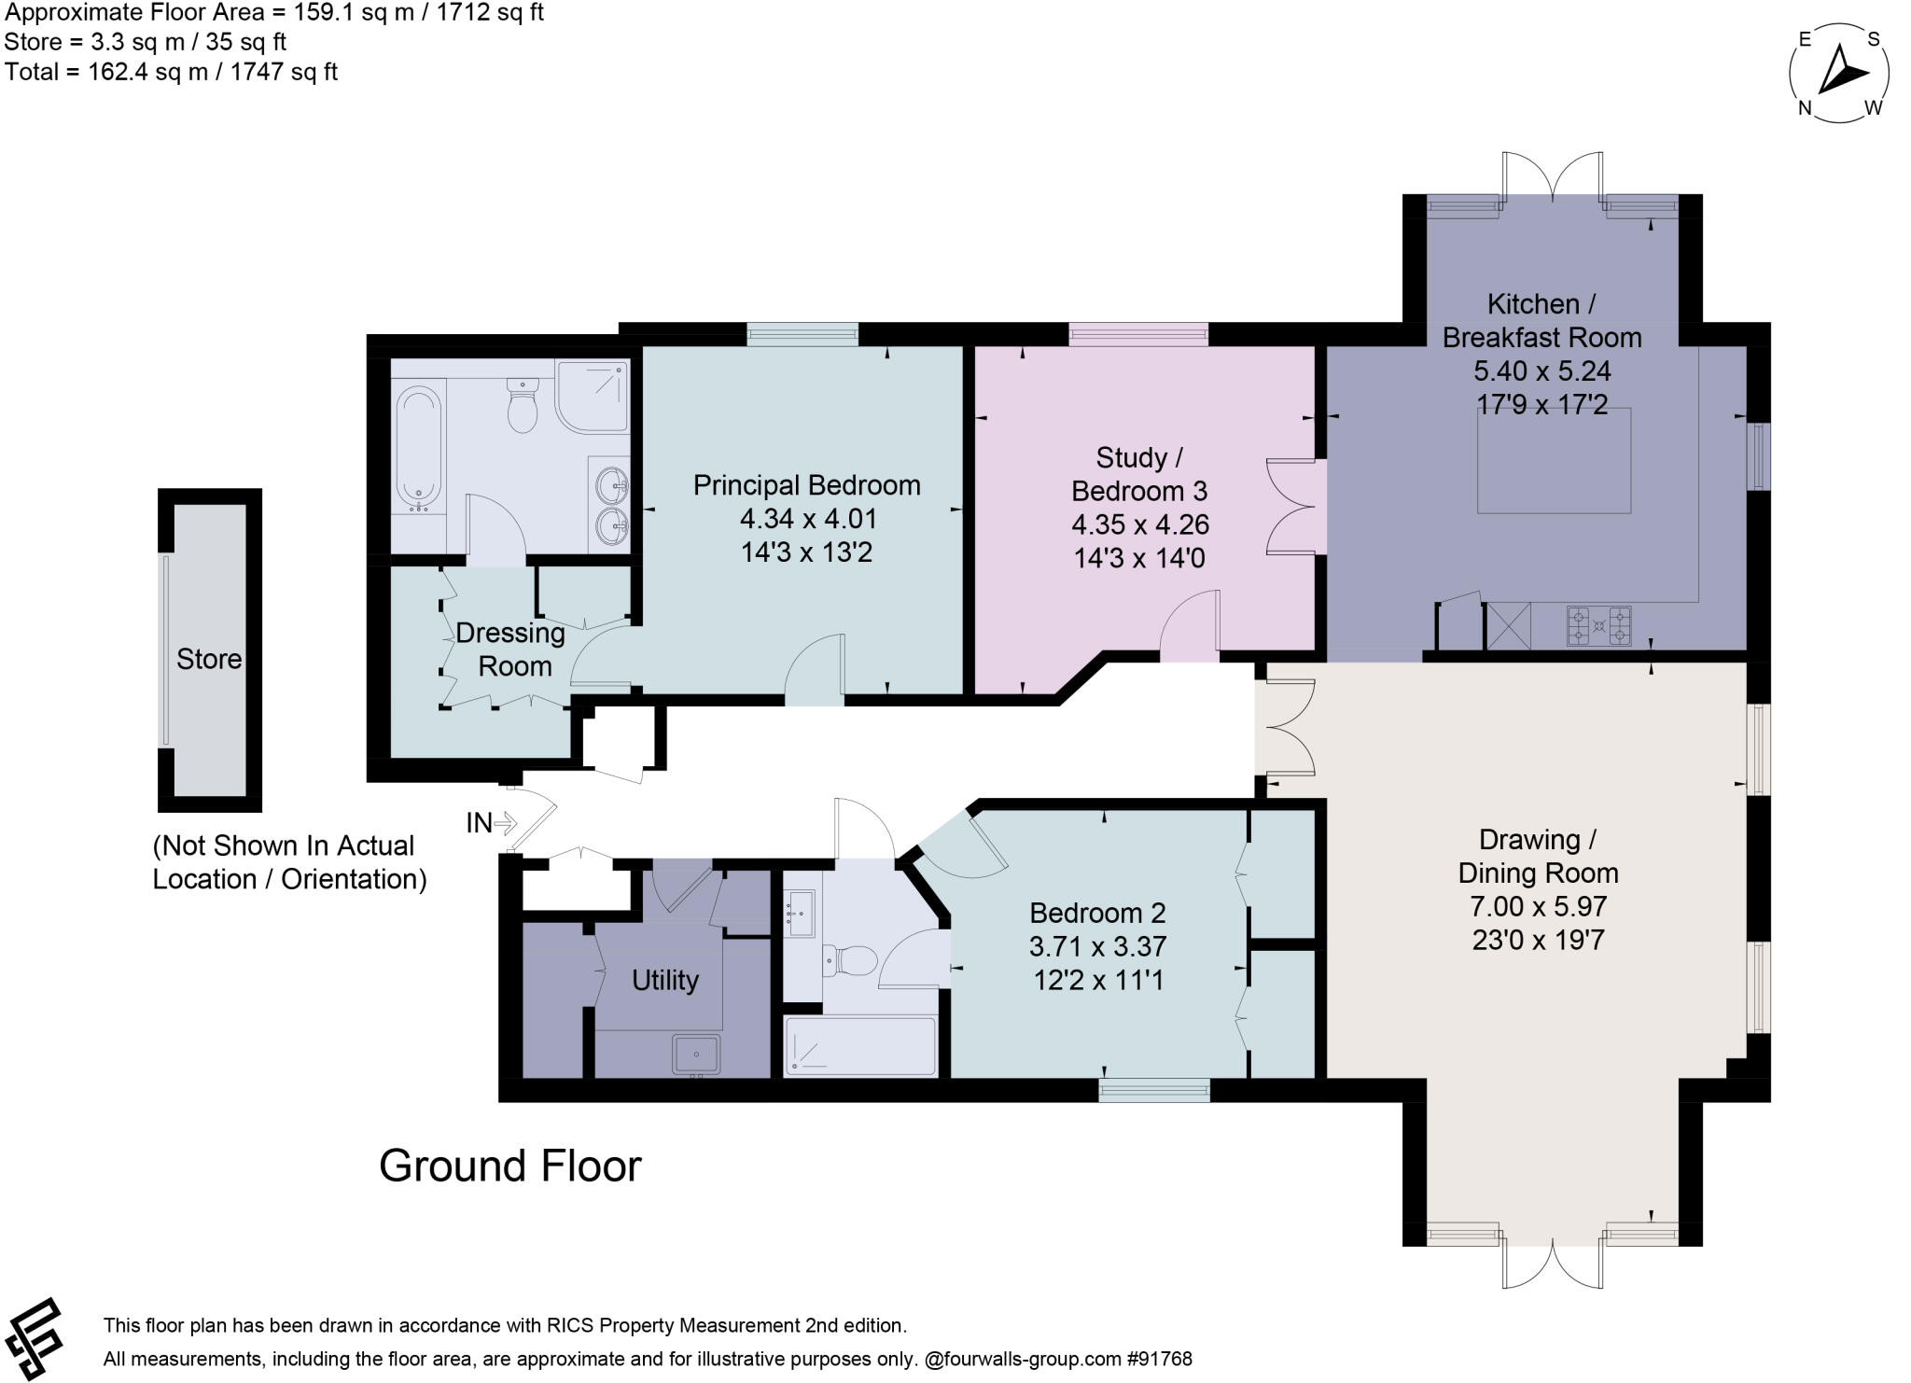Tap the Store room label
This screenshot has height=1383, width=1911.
tap(209, 659)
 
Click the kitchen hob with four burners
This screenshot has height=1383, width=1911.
tap(1598, 625)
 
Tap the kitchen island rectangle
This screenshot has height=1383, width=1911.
tap(1554, 460)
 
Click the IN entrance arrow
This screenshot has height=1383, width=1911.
tap(492, 823)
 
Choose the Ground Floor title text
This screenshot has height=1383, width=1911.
tap(510, 1166)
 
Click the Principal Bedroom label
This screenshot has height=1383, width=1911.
tap(806, 485)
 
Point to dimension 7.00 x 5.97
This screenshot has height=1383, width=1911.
tap(1538, 906)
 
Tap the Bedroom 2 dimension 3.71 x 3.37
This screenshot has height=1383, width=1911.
tap(1097, 946)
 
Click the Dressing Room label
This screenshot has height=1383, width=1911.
tap(511, 650)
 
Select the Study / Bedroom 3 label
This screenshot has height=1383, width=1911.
tap(1138, 474)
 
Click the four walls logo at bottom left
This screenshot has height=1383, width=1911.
tap(35, 1338)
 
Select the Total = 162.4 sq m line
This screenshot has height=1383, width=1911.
tap(171, 72)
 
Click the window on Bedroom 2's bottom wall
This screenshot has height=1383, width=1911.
tap(1154, 1089)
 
